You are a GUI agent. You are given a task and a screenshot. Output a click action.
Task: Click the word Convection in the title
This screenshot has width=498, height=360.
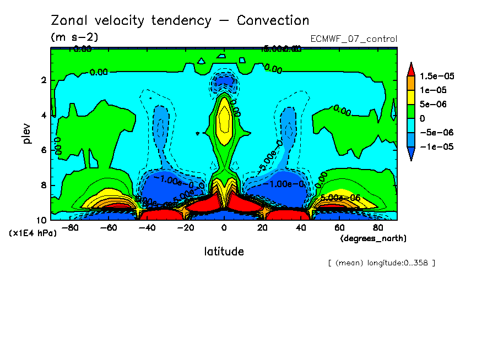point(273,21)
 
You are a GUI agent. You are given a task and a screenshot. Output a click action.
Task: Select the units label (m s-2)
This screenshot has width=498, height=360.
point(74,37)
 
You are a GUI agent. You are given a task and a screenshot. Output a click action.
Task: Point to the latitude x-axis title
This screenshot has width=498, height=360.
point(224,252)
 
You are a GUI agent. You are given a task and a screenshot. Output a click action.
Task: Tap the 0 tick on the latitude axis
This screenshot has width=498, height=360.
point(224,227)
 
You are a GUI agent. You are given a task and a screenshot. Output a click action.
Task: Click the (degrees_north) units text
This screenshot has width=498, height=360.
point(373,238)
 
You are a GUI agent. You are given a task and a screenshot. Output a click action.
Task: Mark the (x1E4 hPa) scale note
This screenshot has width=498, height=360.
point(33,233)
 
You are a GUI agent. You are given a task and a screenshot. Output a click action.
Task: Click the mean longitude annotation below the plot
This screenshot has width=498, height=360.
point(381,263)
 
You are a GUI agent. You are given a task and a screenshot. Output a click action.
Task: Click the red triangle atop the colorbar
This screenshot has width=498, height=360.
point(411,69)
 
